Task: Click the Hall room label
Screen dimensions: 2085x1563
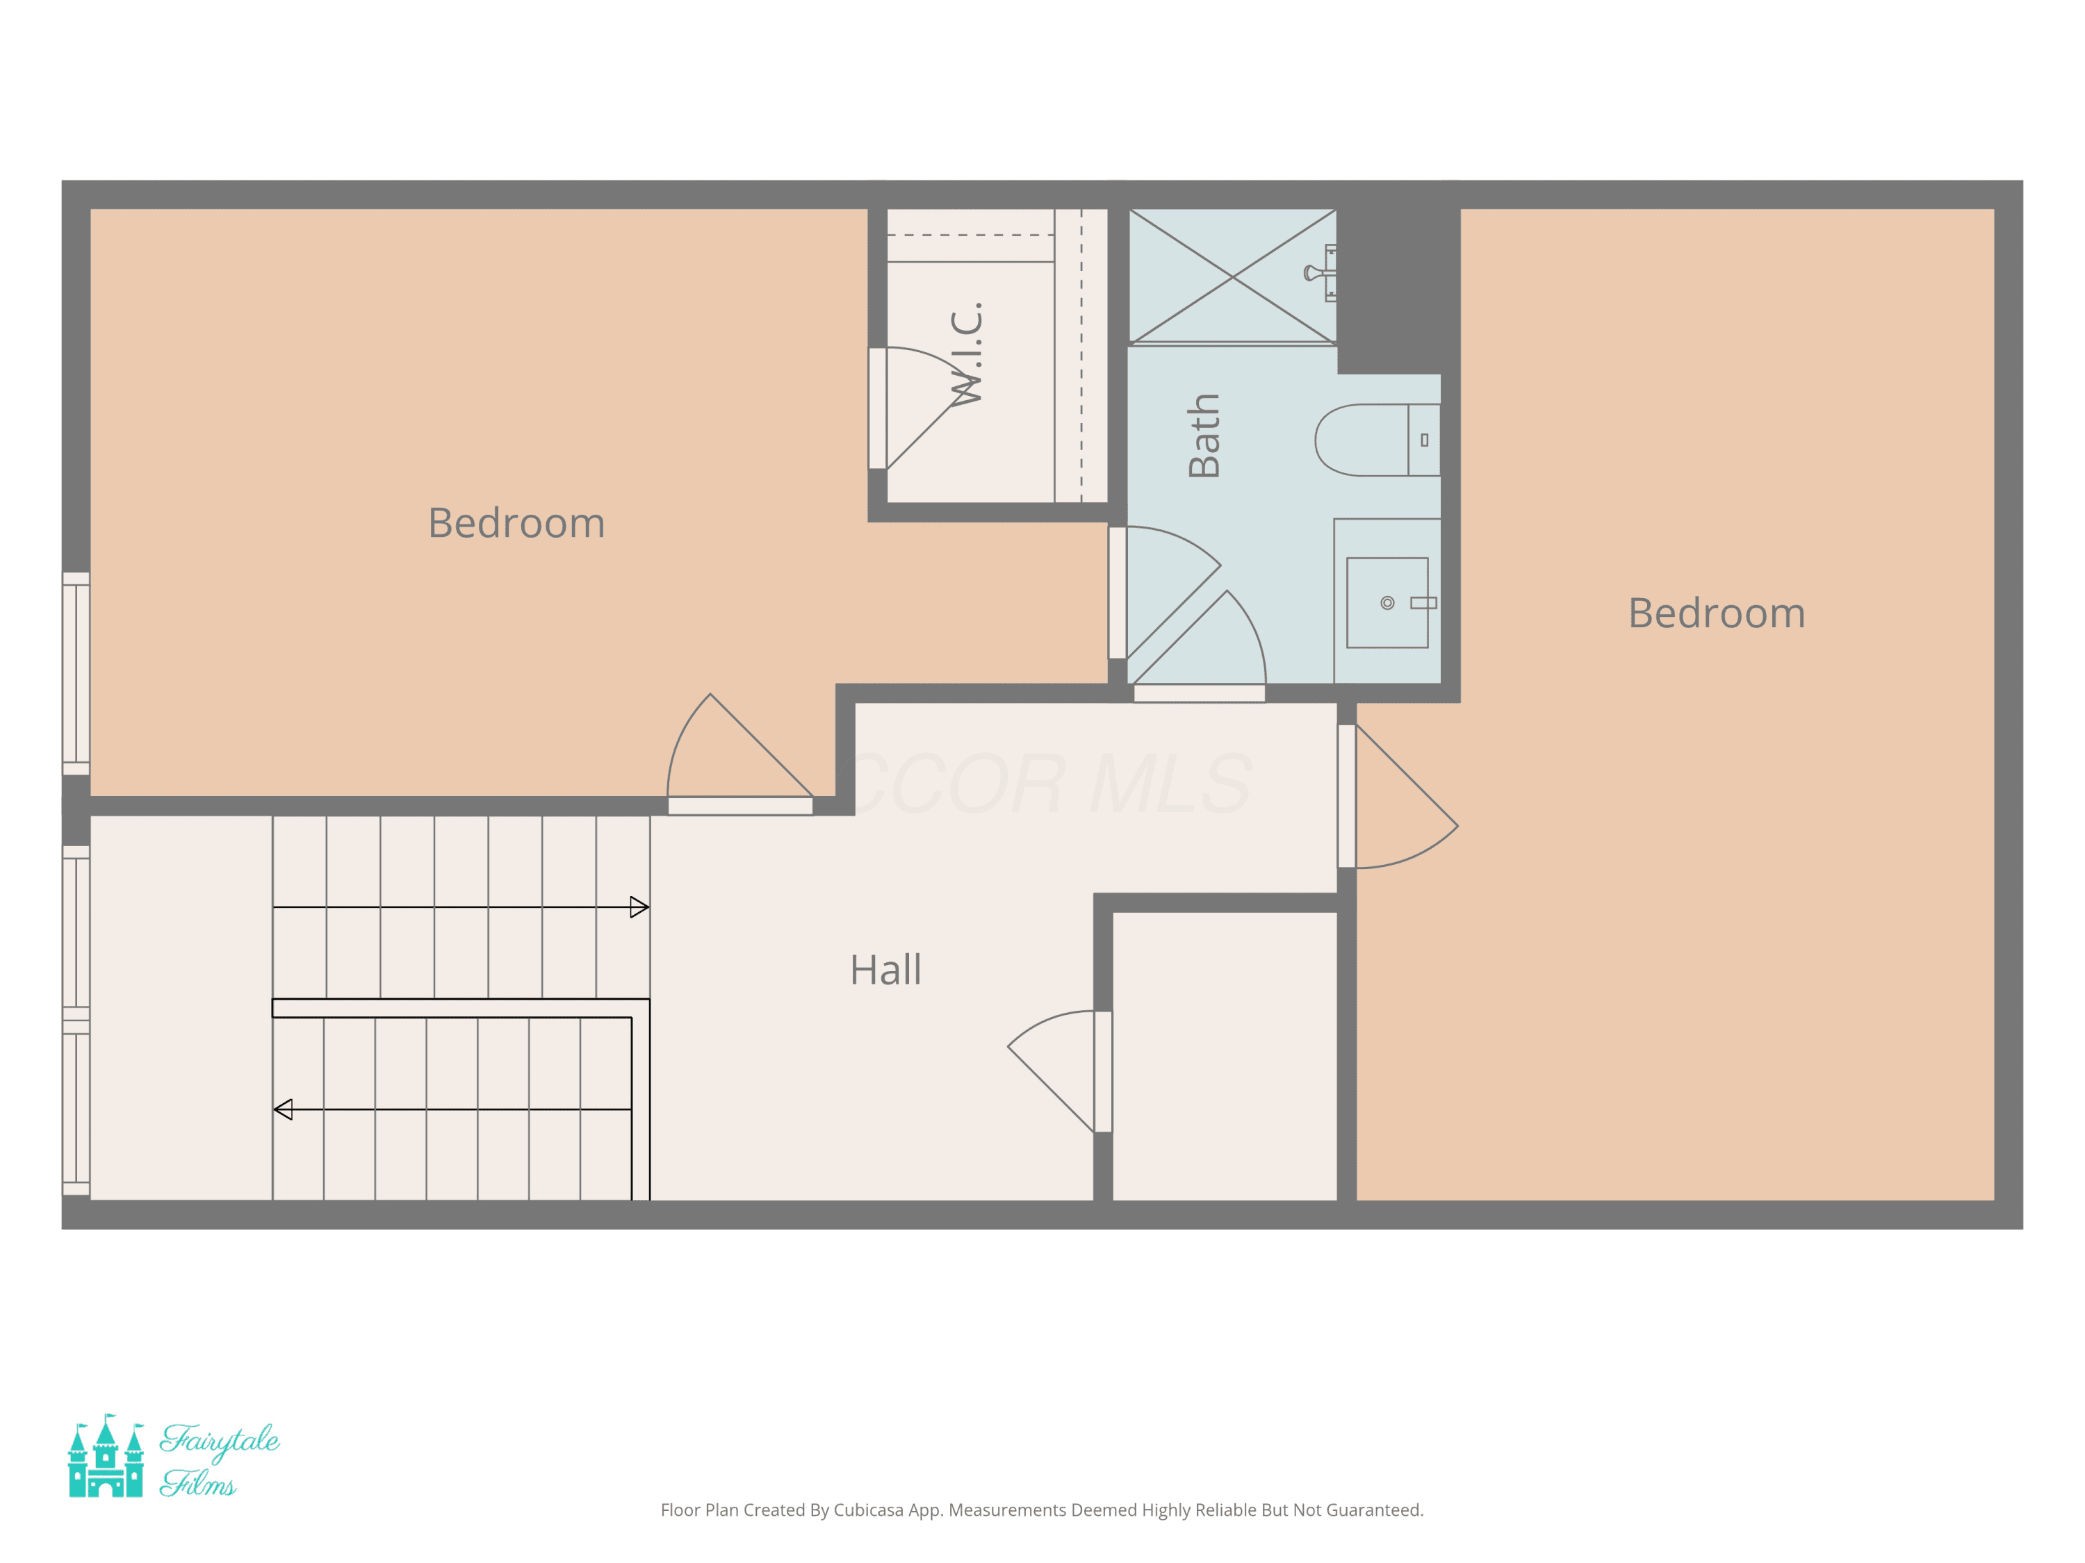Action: click(x=885, y=970)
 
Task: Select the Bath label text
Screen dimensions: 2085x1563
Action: click(x=1204, y=436)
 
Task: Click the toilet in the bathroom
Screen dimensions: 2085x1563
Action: click(x=1377, y=440)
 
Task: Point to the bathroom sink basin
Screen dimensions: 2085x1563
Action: click(x=1387, y=603)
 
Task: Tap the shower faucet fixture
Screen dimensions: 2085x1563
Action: click(x=1320, y=273)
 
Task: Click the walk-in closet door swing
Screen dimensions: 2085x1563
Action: click(x=929, y=408)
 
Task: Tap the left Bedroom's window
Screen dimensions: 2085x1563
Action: click(x=76, y=674)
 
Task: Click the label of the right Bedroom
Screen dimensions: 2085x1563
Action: click(x=1717, y=613)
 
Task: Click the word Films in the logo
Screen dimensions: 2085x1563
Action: click(x=198, y=1483)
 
